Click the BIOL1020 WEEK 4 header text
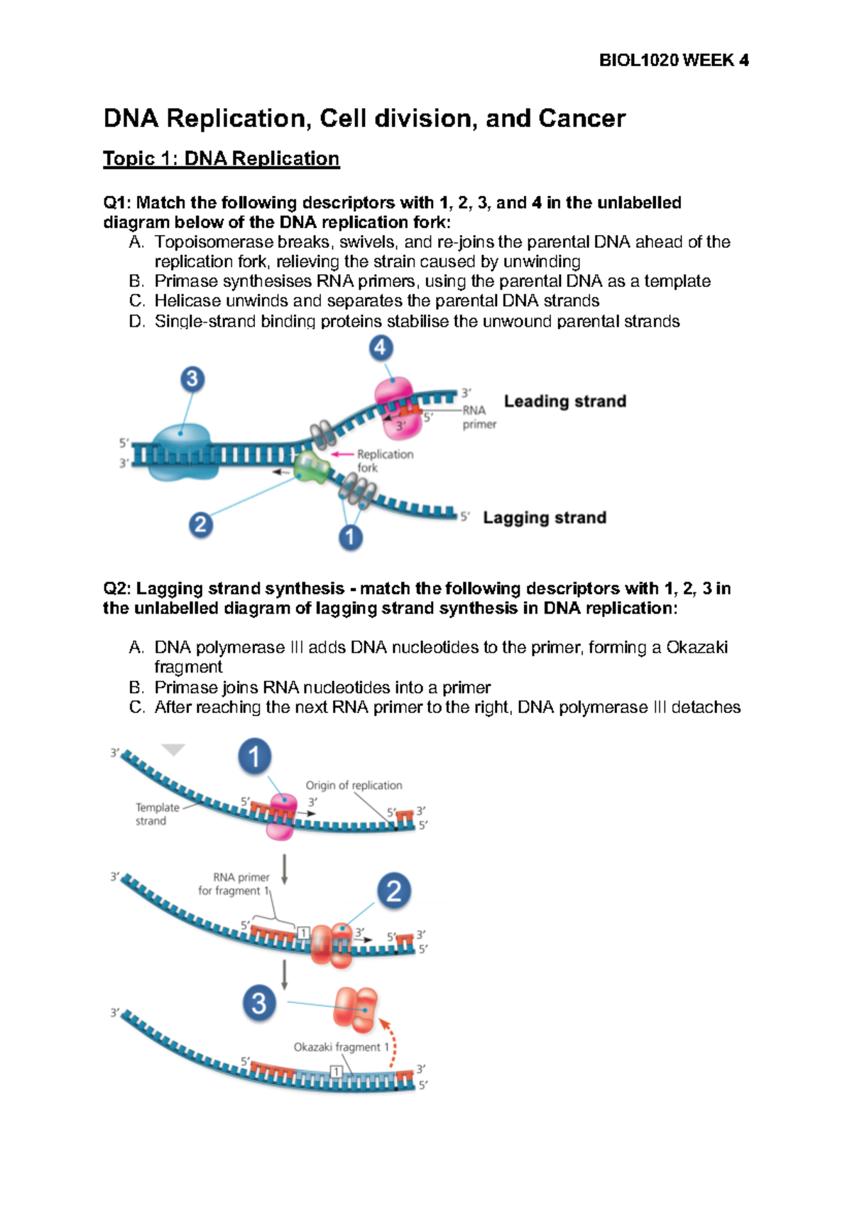673,60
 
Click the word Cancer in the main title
581,118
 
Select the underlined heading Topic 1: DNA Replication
221,158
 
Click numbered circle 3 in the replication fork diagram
192,379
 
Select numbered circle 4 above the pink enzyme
381,348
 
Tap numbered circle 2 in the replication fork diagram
200,525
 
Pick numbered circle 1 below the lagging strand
350,538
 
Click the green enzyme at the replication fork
312,467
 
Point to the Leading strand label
564,401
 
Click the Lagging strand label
545,518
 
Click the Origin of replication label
354,786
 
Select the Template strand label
157,814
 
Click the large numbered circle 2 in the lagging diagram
394,891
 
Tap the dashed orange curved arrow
390,1041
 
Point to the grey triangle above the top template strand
173,749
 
